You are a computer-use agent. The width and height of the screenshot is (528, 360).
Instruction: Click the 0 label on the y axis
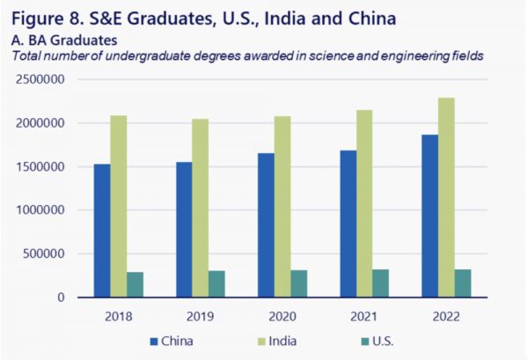62,298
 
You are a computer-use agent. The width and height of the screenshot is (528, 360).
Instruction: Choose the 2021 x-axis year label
367,314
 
